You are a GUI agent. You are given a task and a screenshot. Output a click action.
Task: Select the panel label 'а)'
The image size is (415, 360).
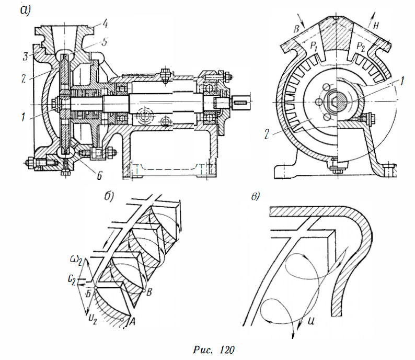coord(26,11)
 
